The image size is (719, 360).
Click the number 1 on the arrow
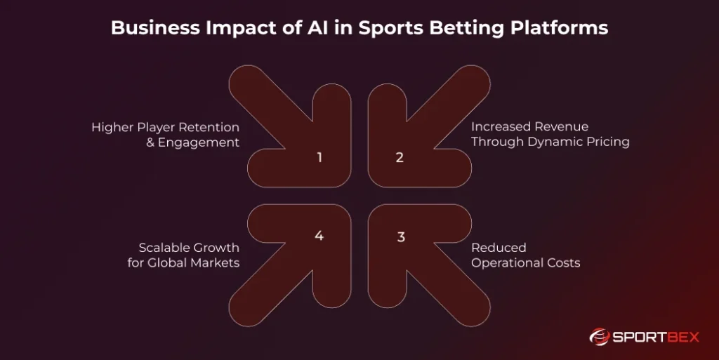(319, 157)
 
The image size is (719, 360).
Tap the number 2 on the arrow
(400, 157)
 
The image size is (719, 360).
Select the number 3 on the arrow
(401, 236)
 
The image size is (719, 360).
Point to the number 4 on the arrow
(319, 236)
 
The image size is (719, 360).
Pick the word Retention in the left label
(209, 127)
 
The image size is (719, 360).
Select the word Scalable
(164, 248)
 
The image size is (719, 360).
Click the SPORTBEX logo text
(654, 337)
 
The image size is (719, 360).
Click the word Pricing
(609, 142)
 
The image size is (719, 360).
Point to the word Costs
(563, 263)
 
